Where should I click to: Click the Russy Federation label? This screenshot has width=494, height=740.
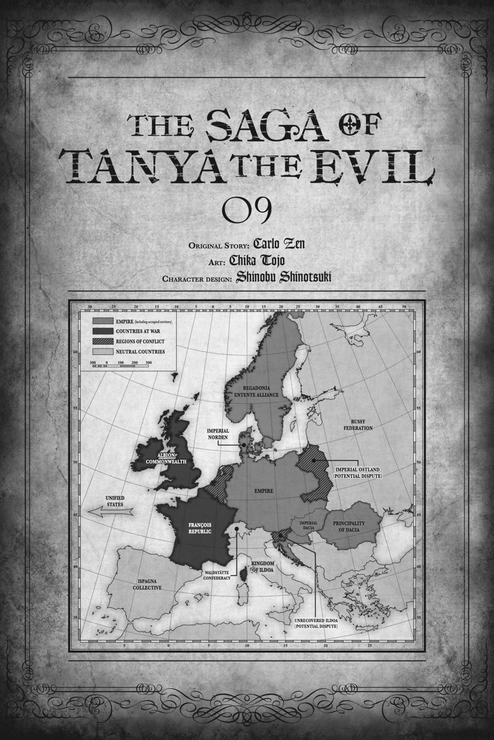point(357,424)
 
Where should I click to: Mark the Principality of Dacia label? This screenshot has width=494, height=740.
point(352,526)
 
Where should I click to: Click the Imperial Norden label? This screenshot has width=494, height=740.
point(218,434)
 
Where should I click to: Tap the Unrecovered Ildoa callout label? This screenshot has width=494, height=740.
point(316,623)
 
